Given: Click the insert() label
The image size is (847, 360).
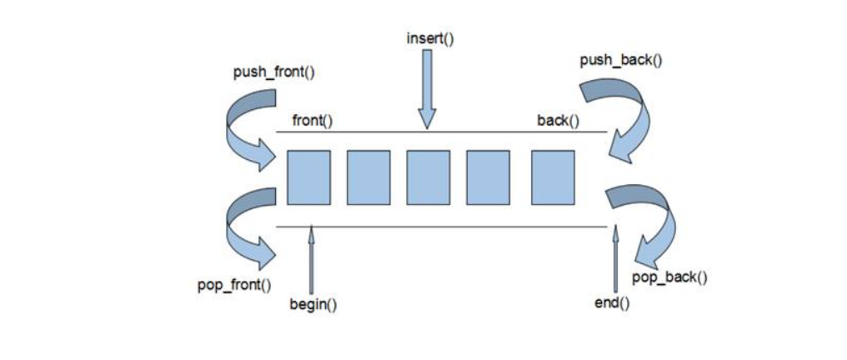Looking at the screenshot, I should point(430,38).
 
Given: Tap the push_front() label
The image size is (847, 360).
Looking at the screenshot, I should point(274,72).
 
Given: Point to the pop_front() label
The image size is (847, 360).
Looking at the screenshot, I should point(234,286).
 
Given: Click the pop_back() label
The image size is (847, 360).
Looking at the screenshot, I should point(669,277).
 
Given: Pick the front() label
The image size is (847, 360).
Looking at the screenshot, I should point(312,121).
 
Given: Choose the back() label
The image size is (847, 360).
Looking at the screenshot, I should point(558,121).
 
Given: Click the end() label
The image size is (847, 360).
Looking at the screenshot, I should point(612,302).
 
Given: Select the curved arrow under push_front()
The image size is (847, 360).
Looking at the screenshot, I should point(248,129).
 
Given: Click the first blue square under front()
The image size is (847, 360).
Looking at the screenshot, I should point(308,177).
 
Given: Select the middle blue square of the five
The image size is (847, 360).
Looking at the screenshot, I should point(429,177).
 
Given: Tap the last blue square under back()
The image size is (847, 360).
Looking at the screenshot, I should point(552,177).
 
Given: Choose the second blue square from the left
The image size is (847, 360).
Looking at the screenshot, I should point(368,177).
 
